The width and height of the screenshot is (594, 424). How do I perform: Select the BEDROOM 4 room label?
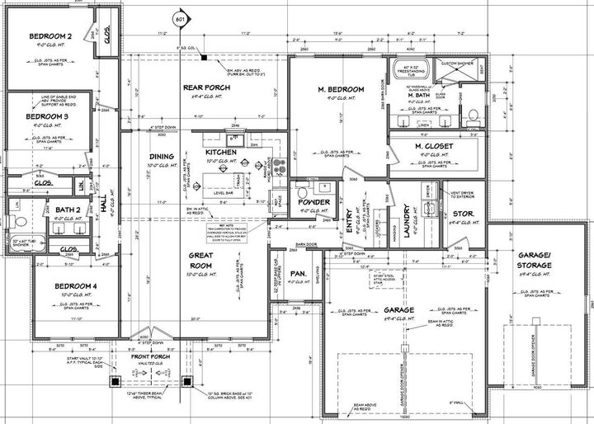(x=64, y=285)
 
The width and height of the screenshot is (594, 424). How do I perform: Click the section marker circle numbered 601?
(x=181, y=16)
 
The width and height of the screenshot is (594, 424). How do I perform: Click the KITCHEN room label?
(x=222, y=153)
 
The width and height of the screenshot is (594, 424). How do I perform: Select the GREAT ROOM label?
(x=200, y=261)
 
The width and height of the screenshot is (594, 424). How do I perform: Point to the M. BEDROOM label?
(x=341, y=88)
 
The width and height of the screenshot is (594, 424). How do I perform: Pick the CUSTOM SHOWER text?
(x=457, y=64)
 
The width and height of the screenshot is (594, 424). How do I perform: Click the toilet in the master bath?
(x=470, y=114)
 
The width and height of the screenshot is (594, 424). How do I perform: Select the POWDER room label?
(x=313, y=202)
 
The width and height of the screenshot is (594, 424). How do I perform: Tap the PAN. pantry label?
(x=299, y=271)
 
